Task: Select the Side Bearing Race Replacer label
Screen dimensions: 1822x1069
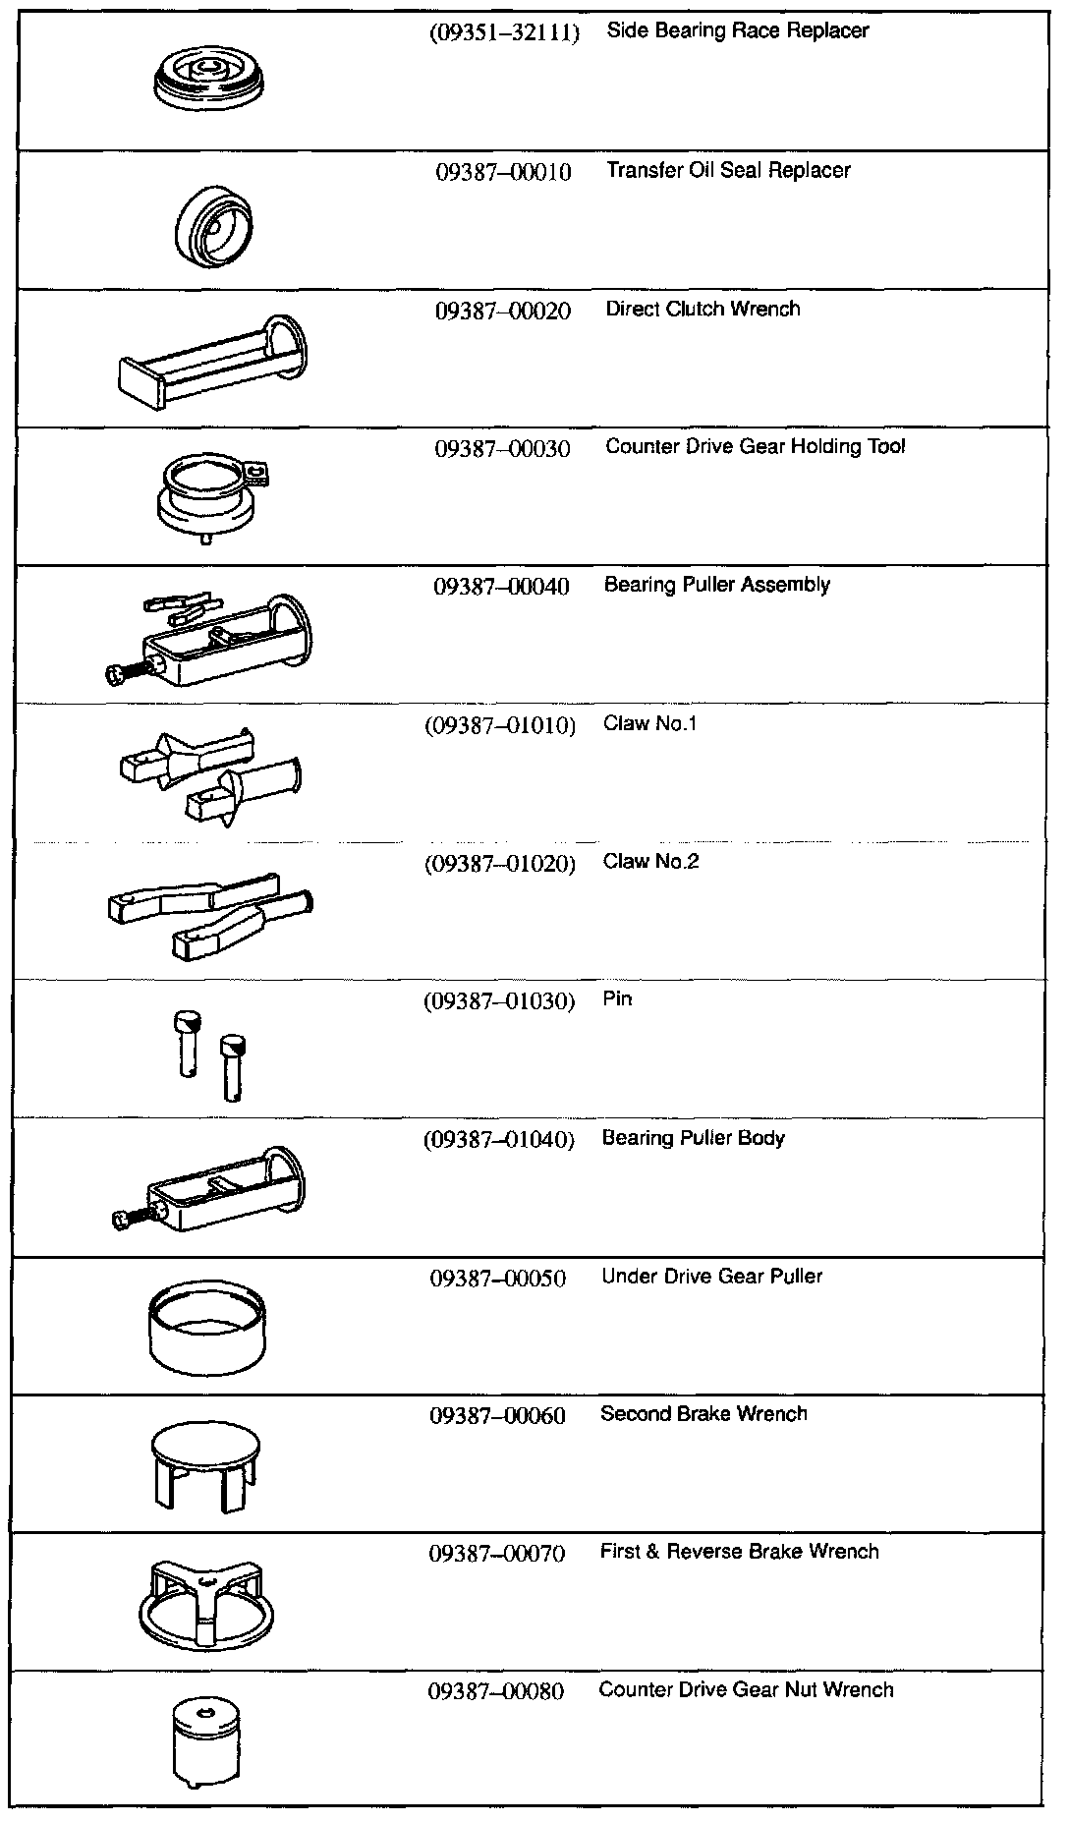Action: pyautogui.click(x=737, y=30)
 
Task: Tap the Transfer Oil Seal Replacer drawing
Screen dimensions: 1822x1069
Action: pyautogui.click(x=213, y=225)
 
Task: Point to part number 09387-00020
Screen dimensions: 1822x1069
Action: pyautogui.click(x=502, y=312)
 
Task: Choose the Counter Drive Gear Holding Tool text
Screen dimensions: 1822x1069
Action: pyautogui.click(x=755, y=447)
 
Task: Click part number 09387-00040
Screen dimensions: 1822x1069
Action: pyautogui.click(x=501, y=588)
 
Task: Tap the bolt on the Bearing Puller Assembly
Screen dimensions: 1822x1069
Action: pyautogui.click(x=122, y=672)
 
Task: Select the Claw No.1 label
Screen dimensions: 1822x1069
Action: pyautogui.click(x=649, y=724)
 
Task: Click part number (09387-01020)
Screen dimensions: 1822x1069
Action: pyautogui.click(x=499, y=865)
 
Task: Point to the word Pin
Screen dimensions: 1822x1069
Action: pyautogui.click(x=617, y=999)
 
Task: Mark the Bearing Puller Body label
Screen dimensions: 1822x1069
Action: pyautogui.click(x=693, y=1138)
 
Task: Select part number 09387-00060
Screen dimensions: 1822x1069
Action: pyautogui.click(x=497, y=1416)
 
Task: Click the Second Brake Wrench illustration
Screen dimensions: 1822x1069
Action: pyautogui.click(x=208, y=1465)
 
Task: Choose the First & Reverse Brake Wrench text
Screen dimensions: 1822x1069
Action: pyautogui.click(x=739, y=1552)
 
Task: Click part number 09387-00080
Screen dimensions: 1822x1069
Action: pyautogui.click(x=496, y=1692)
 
